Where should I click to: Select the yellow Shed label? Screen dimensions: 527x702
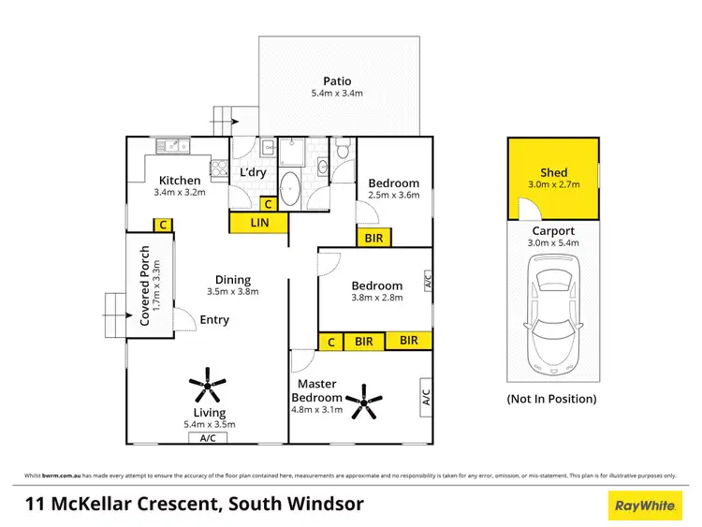[x=553, y=173]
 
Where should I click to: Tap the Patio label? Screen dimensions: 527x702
[x=338, y=81]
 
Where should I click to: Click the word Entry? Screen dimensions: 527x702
[x=214, y=320]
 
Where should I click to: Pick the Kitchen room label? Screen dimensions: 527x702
[x=179, y=181]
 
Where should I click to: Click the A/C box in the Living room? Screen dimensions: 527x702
[x=207, y=437]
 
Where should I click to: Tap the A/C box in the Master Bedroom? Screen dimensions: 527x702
[x=425, y=397]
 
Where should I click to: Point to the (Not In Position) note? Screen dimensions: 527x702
[x=552, y=399]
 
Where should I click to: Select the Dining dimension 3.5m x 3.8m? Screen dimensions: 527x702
[x=232, y=291]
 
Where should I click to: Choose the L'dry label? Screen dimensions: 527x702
[x=253, y=173]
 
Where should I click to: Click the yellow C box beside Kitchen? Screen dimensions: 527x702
[x=163, y=225]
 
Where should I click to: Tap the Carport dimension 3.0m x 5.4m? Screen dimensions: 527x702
[x=553, y=242]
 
